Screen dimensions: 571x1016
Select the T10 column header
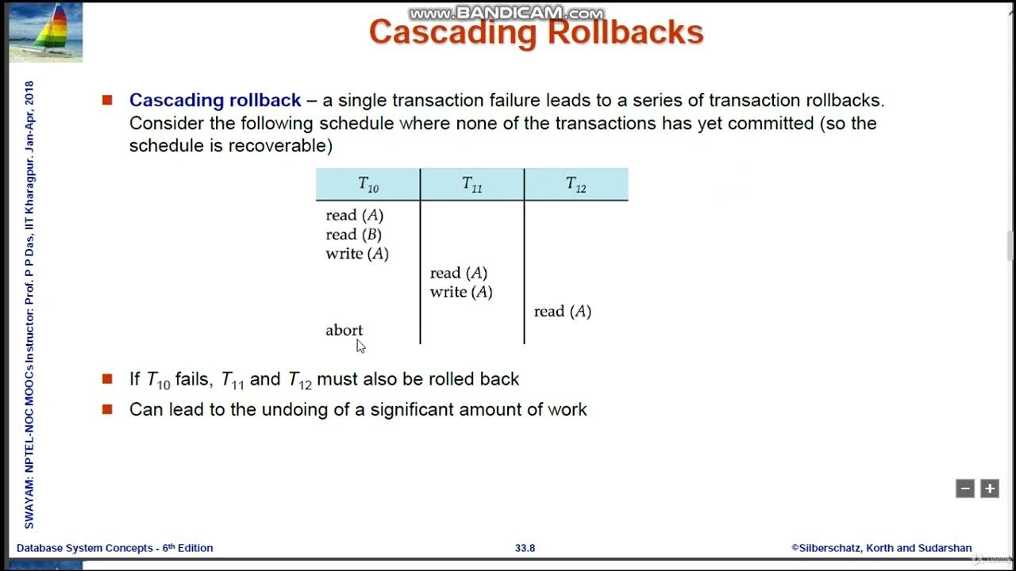[368, 185]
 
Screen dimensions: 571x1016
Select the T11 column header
[472, 185]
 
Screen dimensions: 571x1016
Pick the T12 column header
[576, 185]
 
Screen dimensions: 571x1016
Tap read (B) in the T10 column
[353, 235]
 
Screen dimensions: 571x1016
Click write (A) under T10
[357, 254]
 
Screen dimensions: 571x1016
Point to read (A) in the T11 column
[459, 273]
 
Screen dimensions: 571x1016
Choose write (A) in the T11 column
[461, 292]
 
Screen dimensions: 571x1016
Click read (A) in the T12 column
[563, 312]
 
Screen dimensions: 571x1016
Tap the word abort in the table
[344, 330]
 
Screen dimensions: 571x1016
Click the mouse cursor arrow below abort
[360, 346]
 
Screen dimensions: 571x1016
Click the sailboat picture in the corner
[45, 32]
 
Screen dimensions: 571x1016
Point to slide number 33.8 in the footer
[525, 548]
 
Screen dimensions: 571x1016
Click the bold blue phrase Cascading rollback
[215, 101]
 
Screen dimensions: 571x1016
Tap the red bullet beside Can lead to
[107, 409]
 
